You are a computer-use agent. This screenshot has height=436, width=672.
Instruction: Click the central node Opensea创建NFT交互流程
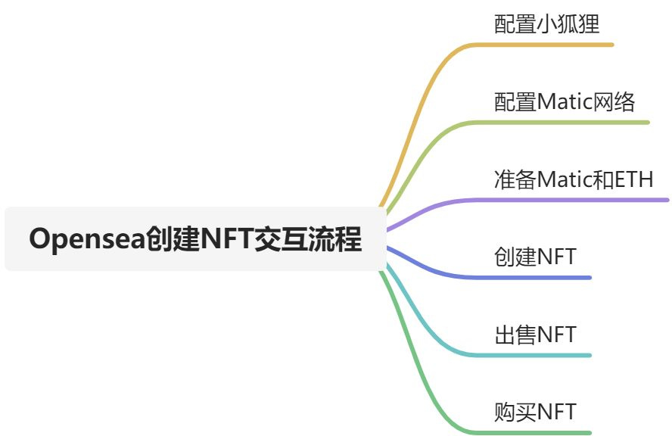195,239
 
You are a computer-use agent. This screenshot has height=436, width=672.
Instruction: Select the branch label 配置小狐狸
547,23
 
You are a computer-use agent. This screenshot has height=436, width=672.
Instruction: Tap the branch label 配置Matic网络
565,101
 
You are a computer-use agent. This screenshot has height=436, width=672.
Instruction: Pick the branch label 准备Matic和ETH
574,179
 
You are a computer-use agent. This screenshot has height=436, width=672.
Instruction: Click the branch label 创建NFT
535,257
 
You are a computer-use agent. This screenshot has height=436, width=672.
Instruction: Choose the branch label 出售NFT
535,334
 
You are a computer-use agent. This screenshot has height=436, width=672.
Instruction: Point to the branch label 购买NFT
535,412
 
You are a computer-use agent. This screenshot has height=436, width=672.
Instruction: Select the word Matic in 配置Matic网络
562,101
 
